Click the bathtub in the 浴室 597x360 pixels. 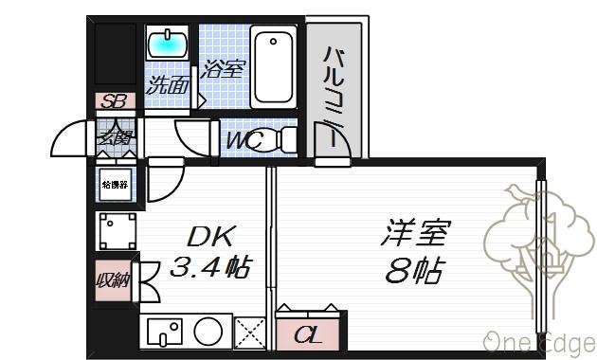[275, 68]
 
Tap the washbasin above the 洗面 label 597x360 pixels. [169, 44]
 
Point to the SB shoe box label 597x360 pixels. [114, 101]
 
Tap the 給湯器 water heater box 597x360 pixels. [114, 185]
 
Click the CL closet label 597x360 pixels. [305, 334]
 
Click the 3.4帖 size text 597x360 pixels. [209, 268]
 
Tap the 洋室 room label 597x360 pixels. [416, 233]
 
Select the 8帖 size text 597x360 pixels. [414, 271]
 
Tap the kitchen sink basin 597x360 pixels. [166, 333]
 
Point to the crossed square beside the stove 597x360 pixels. [250, 333]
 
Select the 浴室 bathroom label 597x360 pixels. [223, 69]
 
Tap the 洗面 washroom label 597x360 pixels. [168, 83]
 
